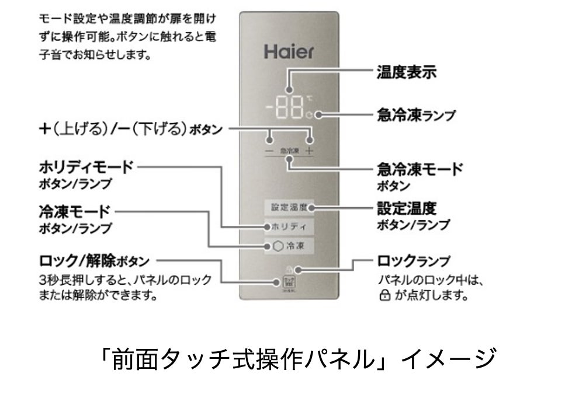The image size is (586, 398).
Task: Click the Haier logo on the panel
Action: [x=289, y=52]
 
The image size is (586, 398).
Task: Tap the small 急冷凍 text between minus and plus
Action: [x=289, y=151]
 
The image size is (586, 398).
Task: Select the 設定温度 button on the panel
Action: [x=289, y=207]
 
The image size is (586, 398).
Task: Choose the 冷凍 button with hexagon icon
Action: [x=289, y=246]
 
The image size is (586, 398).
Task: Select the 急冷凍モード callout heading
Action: [x=420, y=169]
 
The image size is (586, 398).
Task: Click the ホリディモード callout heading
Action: [x=86, y=167]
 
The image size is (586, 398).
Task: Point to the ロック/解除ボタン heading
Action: [x=94, y=260]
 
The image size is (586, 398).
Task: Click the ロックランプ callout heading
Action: [x=414, y=260]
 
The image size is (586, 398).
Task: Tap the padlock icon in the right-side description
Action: [x=384, y=295]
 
